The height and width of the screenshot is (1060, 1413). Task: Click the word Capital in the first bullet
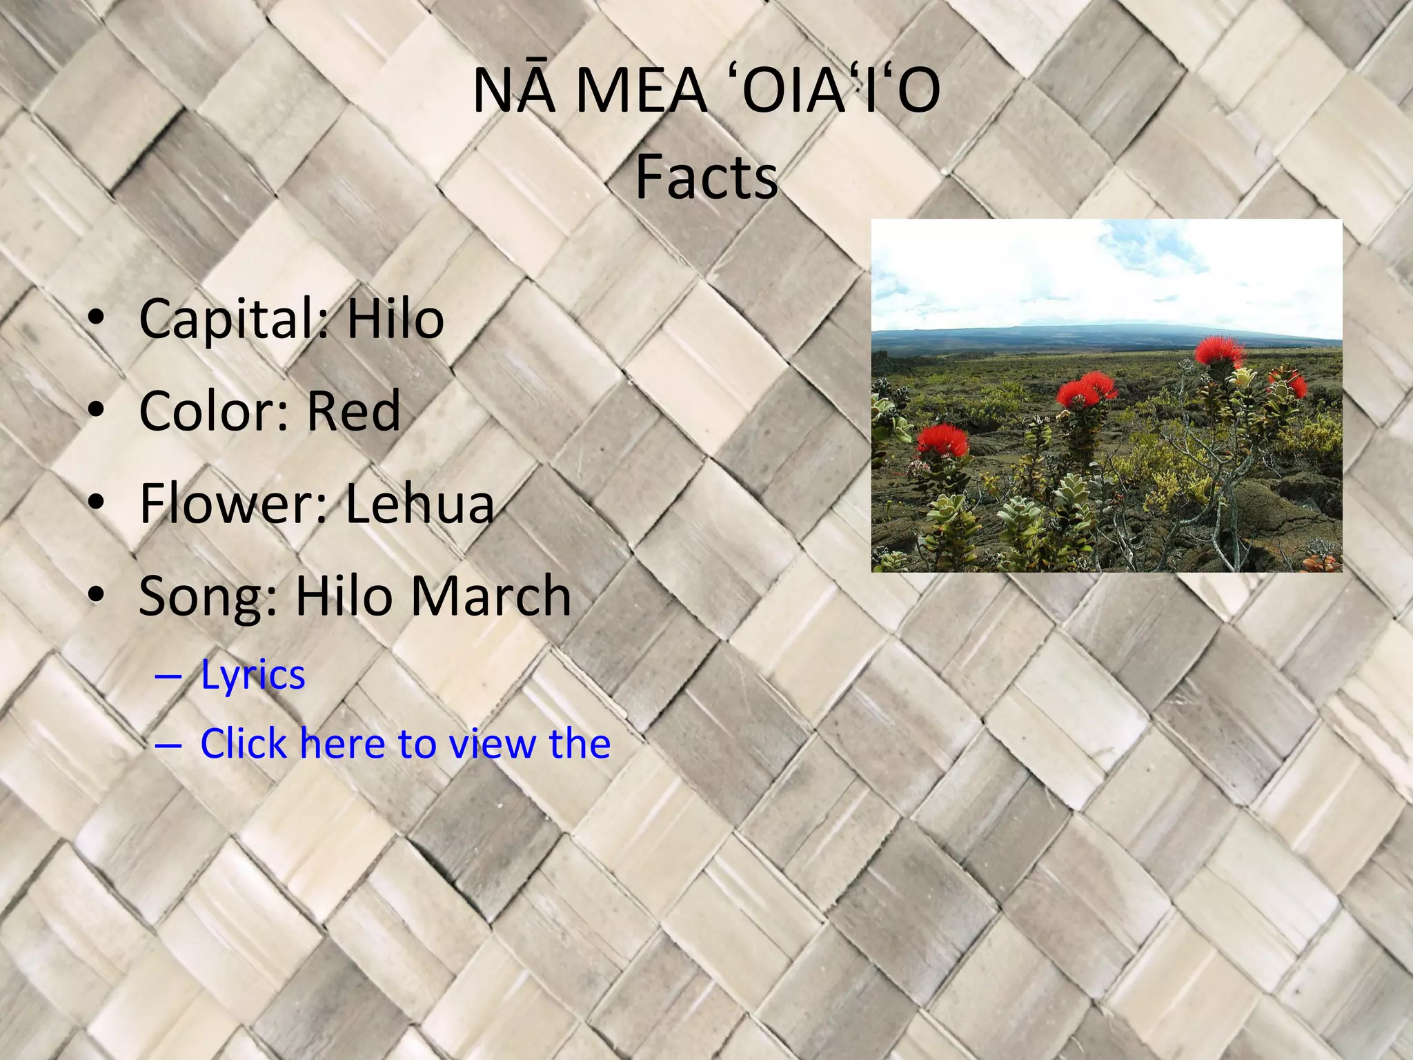tap(222, 320)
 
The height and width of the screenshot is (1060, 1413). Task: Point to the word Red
tap(353, 411)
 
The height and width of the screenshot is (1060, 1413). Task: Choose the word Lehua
tap(419, 503)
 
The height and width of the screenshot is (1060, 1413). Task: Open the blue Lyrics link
tap(253, 675)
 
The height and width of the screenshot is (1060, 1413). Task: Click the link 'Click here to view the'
tap(405, 744)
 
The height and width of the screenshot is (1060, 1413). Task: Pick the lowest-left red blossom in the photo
tap(942, 439)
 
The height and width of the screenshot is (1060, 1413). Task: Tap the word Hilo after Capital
tap(395, 320)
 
